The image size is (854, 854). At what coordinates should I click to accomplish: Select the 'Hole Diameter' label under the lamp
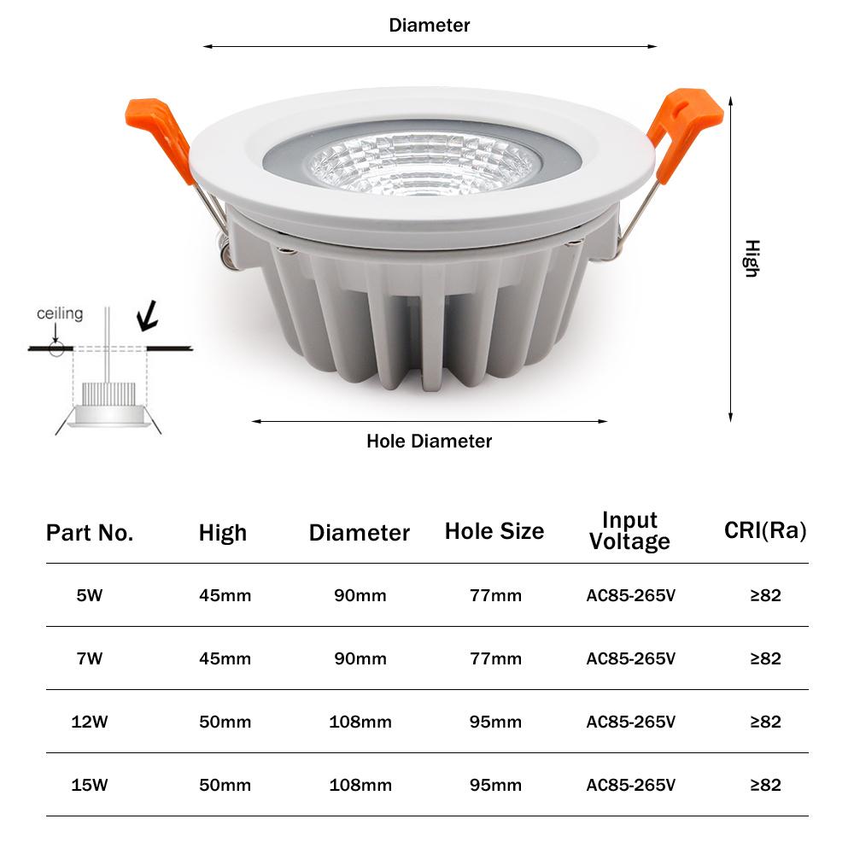pyautogui.click(x=430, y=442)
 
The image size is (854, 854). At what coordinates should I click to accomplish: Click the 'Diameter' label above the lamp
pyautogui.click(x=430, y=26)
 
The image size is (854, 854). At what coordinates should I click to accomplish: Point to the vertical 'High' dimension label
pyautogui.click(x=751, y=258)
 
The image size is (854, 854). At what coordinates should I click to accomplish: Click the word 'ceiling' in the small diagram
pyautogui.click(x=60, y=313)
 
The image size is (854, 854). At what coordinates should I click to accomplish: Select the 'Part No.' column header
pyautogui.click(x=90, y=534)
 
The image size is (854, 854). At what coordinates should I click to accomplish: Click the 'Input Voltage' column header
pyautogui.click(x=629, y=530)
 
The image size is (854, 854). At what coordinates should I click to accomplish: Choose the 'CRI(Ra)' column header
pyautogui.click(x=765, y=530)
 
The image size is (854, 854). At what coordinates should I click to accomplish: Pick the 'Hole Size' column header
pyautogui.click(x=494, y=531)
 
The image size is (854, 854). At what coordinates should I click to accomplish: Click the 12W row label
pyautogui.click(x=90, y=722)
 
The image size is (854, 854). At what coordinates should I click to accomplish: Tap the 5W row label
pyautogui.click(x=90, y=595)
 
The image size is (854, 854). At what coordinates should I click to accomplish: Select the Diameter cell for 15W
pyautogui.click(x=360, y=785)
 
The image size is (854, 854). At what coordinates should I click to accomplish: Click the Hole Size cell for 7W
pyautogui.click(x=495, y=658)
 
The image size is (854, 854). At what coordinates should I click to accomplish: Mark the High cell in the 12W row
pyautogui.click(x=225, y=722)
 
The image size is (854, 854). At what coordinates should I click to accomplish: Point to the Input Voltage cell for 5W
pyautogui.click(x=631, y=595)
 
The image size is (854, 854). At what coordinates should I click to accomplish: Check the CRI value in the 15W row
pyautogui.click(x=765, y=785)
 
